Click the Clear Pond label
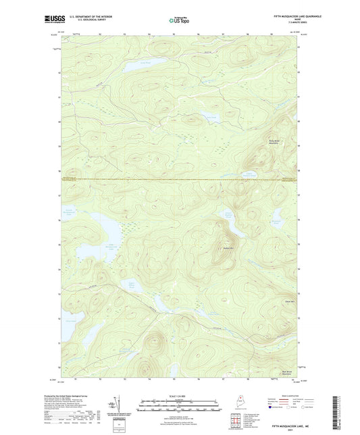pyautogui.click(x=211, y=118)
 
